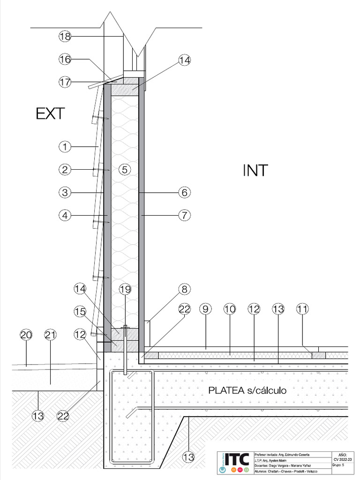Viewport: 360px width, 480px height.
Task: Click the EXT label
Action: [50, 114]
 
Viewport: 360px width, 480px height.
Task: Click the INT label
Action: [255, 171]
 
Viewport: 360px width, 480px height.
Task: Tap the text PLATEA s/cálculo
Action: [247, 390]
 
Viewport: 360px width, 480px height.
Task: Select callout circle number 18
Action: [65, 36]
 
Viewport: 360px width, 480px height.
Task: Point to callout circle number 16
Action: [65, 59]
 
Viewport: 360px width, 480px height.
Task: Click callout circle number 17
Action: [65, 82]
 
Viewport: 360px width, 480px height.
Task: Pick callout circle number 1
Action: [65, 147]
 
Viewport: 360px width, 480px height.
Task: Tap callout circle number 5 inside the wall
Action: [124, 169]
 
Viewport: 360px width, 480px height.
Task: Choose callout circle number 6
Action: [184, 192]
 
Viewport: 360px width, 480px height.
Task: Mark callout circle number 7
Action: [184, 215]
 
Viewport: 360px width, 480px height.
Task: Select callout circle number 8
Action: [184, 289]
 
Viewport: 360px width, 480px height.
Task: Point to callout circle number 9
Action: [205, 309]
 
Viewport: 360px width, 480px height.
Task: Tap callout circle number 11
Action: [303, 309]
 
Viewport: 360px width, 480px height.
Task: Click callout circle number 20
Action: [26, 335]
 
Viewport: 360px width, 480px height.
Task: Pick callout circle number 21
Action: [50, 335]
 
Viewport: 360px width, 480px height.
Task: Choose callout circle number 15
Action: [80, 311]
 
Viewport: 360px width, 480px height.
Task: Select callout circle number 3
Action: [65, 192]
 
